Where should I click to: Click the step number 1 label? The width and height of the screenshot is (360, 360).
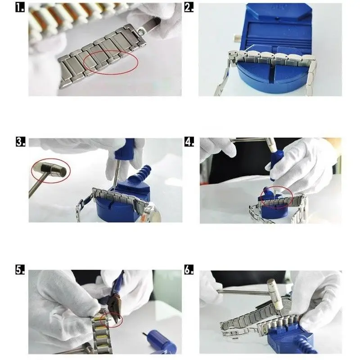click(20, 8)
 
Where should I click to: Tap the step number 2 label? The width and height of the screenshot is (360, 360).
click(189, 8)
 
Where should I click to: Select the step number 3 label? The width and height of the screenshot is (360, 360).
click(20, 142)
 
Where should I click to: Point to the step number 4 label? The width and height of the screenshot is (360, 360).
click(189, 142)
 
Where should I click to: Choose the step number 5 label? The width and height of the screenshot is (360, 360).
click(20, 269)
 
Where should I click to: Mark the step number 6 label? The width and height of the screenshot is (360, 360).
click(189, 269)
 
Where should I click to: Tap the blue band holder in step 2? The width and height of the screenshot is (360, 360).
click(273, 49)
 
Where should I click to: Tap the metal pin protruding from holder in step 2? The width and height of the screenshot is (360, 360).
click(237, 38)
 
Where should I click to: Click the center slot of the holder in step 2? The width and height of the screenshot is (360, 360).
click(272, 71)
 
